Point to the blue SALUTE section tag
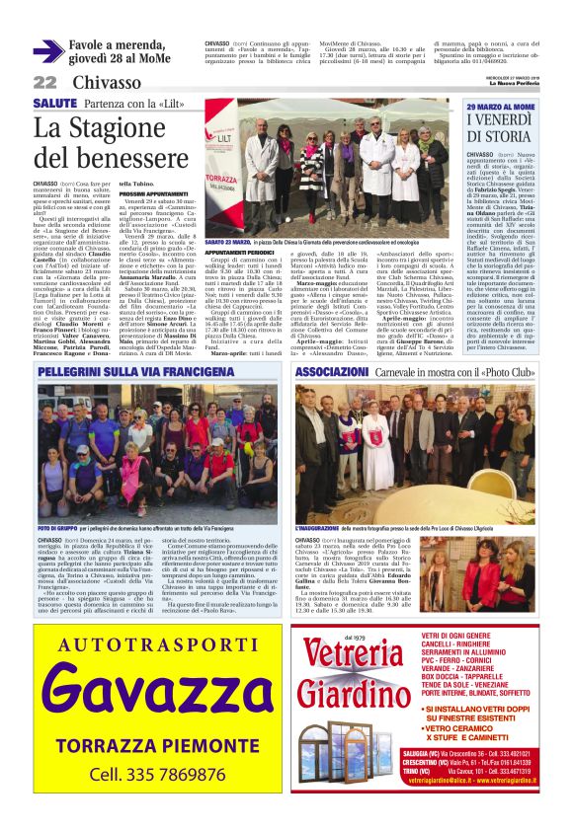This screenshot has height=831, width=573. [x=54, y=104]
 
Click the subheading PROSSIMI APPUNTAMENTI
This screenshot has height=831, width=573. [x=154, y=194]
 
